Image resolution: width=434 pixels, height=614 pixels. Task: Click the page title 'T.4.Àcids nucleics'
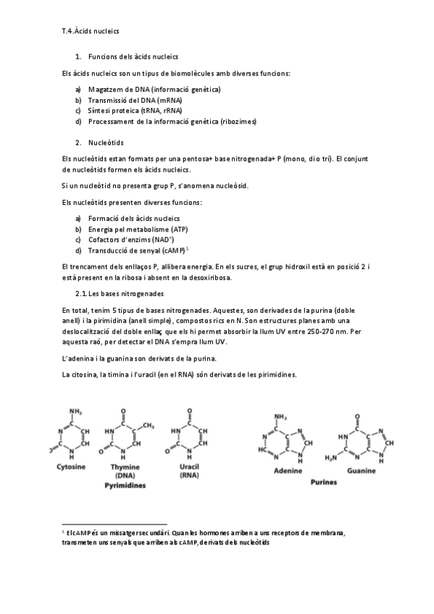91,33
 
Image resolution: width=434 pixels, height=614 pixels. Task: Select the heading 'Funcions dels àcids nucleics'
133,56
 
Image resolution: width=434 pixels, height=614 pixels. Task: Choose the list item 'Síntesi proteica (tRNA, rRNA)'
135,111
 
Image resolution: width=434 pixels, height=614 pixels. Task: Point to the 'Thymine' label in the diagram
125,467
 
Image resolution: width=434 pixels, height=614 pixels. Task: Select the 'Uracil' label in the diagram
188,467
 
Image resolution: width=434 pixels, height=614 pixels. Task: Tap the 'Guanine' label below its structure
360,469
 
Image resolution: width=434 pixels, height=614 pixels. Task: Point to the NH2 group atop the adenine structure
281,417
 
